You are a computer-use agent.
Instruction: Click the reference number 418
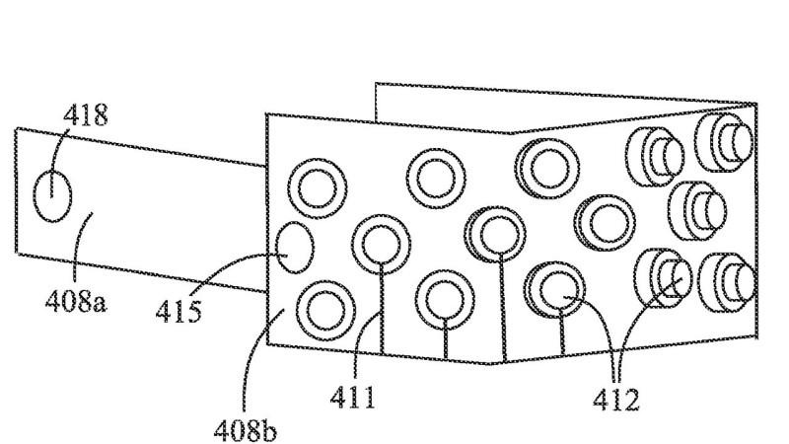coord(86,115)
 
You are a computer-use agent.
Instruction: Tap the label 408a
coord(76,302)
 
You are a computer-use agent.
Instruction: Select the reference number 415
coord(179,312)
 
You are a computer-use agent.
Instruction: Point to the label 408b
coord(245,430)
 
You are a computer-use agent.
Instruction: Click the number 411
coord(353,398)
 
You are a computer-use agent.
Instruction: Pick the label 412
coord(615,401)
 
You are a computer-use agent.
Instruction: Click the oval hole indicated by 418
coord(52,195)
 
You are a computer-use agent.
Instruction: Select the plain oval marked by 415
coord(295,248)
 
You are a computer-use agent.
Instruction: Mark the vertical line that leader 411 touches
coord(382,308)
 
